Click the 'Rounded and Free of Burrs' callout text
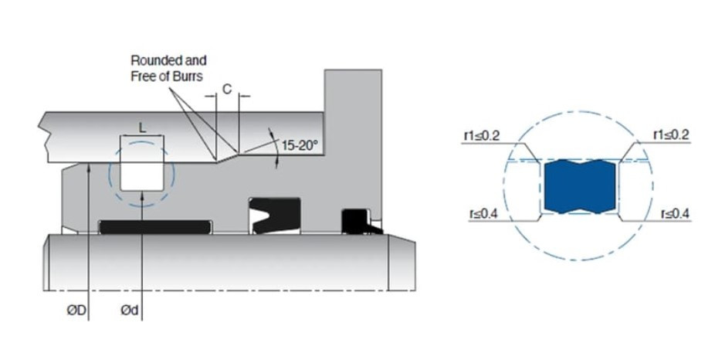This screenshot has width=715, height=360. point(168,68)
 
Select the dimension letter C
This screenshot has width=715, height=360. point(227,90)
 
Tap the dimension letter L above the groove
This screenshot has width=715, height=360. point(142,128)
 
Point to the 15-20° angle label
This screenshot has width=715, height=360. point(300,145)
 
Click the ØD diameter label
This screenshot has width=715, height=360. point(76,311)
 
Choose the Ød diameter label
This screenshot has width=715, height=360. point(129,311)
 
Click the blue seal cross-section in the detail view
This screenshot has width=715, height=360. point(580,187)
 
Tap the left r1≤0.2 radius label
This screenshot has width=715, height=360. point(482,135)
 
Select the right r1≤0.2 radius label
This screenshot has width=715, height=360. point(671,135)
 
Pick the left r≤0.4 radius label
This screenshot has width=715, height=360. point(483,213)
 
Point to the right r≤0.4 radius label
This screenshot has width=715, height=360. point(676,213)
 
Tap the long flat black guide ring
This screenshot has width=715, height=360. point(155,227)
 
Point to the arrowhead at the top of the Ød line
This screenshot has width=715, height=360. point(142,195)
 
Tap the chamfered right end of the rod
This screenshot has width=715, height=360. point(402,263)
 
